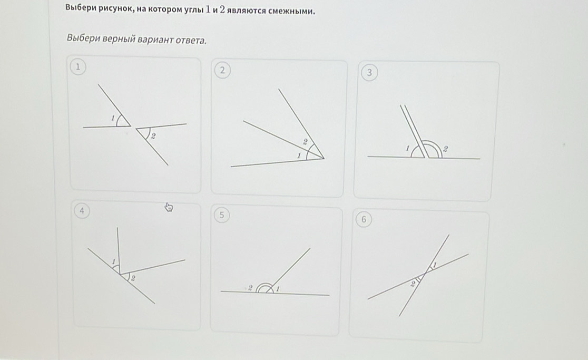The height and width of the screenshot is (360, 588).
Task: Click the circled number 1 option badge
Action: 78,67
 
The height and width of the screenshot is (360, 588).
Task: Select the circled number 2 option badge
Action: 222,71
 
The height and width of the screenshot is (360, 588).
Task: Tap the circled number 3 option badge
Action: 369,72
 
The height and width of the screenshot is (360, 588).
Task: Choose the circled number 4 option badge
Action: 82,211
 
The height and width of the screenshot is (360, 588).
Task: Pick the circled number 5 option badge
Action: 222,215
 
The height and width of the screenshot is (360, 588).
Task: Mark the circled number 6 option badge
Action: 364,219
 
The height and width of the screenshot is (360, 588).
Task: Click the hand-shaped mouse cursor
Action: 169,207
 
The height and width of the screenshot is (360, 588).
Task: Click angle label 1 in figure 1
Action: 112,118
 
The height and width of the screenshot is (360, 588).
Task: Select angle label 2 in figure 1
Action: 153,136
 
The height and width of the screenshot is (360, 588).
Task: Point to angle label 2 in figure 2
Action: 305,142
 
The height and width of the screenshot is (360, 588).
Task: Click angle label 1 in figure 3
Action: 407,148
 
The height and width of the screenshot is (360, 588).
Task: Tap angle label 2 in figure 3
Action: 446,149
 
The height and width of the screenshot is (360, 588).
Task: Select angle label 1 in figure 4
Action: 114,261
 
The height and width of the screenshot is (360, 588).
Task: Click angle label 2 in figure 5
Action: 250,288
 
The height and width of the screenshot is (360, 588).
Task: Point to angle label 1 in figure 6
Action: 435,265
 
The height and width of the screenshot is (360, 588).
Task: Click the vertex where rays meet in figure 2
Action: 324,158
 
